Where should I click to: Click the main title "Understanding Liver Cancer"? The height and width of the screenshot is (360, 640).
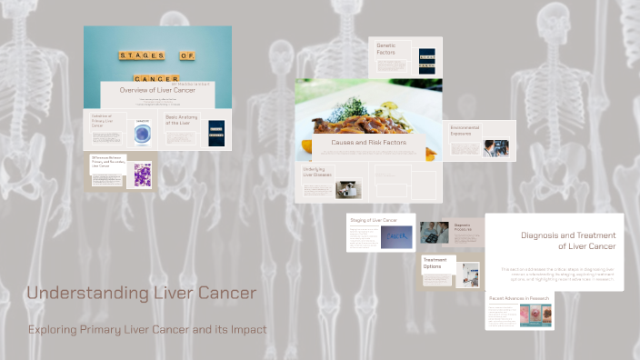pyautogui.click(x=141, y=294)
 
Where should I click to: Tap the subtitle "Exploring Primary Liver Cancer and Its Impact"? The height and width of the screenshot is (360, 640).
pyautogui.click(x=147, y=329)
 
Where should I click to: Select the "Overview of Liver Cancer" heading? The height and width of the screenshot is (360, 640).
pyautogui.click(x=157, y=90)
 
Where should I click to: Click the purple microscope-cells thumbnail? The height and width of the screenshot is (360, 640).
pyautogui.click(x=143, y=175)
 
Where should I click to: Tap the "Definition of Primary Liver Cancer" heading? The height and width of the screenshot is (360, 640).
pyautogui.click(x=105, y=123)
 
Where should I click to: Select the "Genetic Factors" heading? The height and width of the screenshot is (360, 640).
pyautogui.click(x=386, y=49)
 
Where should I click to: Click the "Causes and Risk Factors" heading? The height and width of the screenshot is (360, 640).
pyautogui.click(x=368, y=143)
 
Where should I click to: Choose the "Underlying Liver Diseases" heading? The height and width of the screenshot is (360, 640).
pyautogui.click(x=315, y=173)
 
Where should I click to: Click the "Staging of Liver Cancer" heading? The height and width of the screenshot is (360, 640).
pyautogui.click(x=373, y=221)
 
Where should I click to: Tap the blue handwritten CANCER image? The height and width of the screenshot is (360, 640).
pyautogui.click(x=397, y=236)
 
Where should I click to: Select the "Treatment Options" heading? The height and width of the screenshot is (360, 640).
pyautogui.click(x=435, y=263)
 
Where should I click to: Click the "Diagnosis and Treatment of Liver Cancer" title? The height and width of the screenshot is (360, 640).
pyautogui.click(x=568, y=240)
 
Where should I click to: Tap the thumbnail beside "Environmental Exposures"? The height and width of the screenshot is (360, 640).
pyautogui.click(x=495, y=148)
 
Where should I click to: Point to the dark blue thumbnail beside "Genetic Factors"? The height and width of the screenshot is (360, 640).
pyautogui.click(x=426, y=62)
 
